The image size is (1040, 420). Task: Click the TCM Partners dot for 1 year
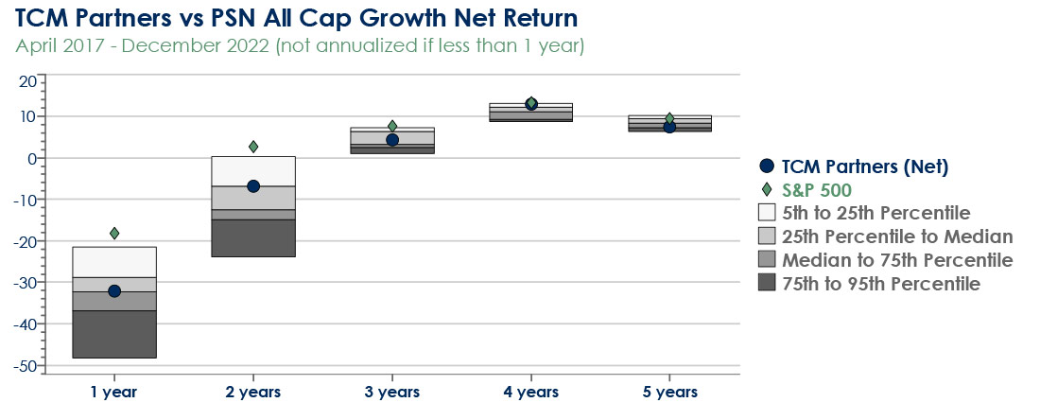click(x=114, y=290)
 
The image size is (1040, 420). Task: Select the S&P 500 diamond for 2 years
click(x=252, y=147)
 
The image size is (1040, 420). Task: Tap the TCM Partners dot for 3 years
click(x=392, y=140)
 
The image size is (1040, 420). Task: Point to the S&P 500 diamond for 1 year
click(x=114, y=233)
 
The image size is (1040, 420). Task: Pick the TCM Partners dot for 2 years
click(x=252, y=185)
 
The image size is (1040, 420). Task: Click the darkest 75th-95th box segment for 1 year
click(x=114, y=334)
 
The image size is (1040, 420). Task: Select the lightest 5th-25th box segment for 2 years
click(x=252, y=171)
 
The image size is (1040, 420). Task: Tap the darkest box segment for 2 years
click(x=252, y=237)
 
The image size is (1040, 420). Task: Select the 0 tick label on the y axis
click(x=31, y=159)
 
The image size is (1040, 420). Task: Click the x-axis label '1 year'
click(x=114, y=393)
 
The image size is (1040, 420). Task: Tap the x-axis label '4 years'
click(x=530, y=393)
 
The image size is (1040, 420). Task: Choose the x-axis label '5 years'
click(x=669, y=393)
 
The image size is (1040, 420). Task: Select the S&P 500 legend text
click(x=817, y=190)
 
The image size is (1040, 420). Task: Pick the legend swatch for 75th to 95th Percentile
click(x=767, y=284)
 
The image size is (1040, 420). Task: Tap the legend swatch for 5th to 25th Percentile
click(x=767, y=212)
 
